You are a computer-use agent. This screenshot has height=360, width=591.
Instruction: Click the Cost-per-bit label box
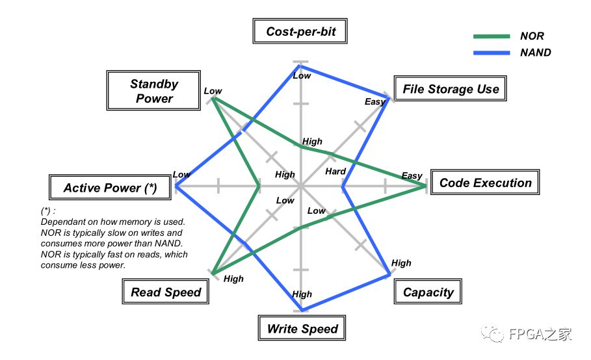pyautogui.click(x=300, y=31)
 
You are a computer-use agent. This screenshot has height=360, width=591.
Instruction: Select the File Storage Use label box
pyautogui.click(x=450, y=89)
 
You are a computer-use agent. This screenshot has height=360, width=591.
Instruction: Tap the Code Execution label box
pyautogui.click(x=485, y=183)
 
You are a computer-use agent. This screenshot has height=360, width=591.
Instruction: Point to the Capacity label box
pyautogui.click(x=428, y=292)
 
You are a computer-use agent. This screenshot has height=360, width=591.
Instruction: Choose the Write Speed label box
pyautogui.click(x=302, y=328)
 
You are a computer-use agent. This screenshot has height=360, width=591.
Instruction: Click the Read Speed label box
pyautogui.click(x=166, y=292)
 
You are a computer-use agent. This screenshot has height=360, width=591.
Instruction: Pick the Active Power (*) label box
pyautogui.click(x=110, y=188)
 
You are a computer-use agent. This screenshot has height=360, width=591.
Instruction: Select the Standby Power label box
pyautogui.click(x=154, y=91)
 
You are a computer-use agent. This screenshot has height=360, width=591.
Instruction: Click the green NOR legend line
pyautogui.click(x=492, y=36)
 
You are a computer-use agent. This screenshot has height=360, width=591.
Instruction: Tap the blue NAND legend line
pyautogui.click(x=492, y=53)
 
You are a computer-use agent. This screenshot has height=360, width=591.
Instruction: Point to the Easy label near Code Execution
pyautogui.click(x=412, y=175)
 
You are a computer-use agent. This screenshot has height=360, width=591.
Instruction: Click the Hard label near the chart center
pyautogui.click(x=335, y=172)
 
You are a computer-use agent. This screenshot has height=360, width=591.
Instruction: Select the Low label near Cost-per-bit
pyautogui.click(x=302, y=75)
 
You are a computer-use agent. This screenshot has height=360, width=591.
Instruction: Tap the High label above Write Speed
pyautogui.click(x=302, y=294)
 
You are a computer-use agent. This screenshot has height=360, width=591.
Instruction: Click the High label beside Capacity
pyautogui.click(x=401, y=263)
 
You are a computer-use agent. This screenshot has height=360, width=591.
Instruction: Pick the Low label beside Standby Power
pyautogui.click(x=213, y=91)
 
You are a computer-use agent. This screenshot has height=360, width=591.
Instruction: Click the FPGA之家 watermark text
pyautogui.click(x=539, y=335)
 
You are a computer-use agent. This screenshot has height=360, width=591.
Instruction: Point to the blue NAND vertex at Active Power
pyautogui.click(x=176, y=186)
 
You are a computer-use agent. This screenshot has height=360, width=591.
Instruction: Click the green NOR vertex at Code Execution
pyautogui.click(x=426, y=186)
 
